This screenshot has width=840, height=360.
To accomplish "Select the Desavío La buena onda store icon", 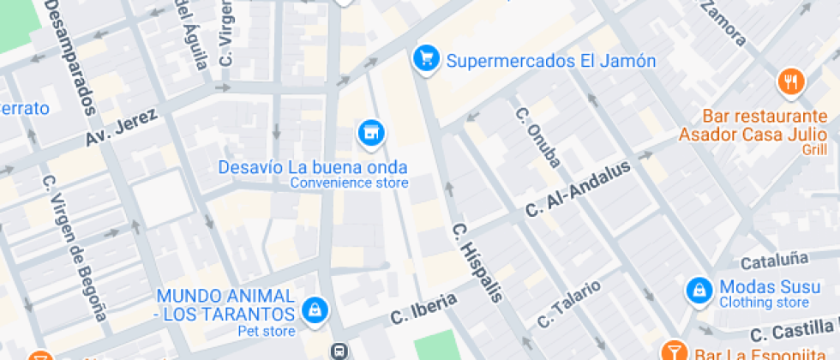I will tap(370, 132).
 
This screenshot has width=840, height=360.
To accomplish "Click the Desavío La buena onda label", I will tap(313, 167).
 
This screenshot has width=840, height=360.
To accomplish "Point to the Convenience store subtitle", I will tap(349, 183).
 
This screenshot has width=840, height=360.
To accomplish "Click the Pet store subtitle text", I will tap(267, 331).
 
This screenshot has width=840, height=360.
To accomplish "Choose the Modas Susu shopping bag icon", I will tap(699, 288).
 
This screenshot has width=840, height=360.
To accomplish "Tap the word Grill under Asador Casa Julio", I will tap(814, 150).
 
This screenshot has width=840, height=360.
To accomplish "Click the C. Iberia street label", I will tap(423, 306).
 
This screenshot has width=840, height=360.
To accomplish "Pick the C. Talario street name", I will tap(569, 304).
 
